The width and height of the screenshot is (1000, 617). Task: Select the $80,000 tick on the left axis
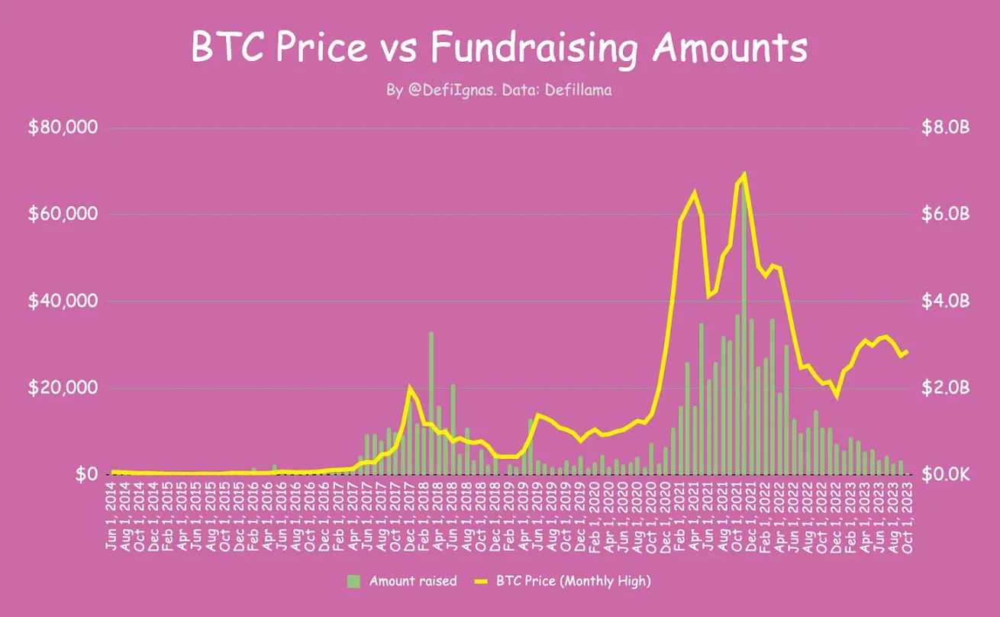(63, 128)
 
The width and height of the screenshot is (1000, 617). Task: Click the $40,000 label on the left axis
(63, 301)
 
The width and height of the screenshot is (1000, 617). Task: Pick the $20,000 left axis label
(63, 388)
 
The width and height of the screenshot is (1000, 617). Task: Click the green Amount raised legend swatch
(353, 581)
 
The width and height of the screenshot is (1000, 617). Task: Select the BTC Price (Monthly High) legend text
(573, 581)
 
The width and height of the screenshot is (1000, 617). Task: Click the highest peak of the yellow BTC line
(744, 175)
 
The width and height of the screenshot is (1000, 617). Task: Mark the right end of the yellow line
(908, 351)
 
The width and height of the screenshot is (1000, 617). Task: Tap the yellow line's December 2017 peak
(410, 387)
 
